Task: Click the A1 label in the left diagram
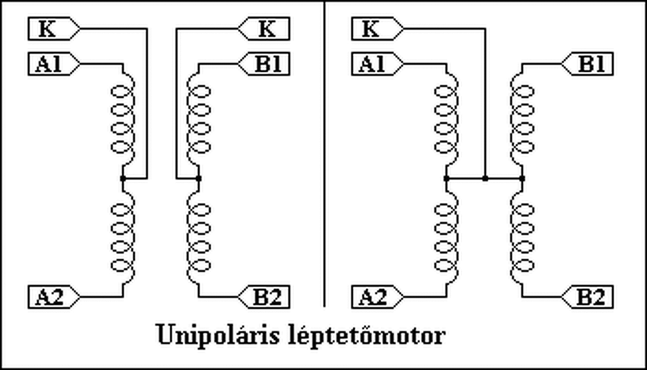(49, 65)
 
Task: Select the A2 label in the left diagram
(49, 297)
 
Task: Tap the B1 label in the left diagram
(268, 65)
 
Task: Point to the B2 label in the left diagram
(268, 297)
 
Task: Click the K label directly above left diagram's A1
(48, 29)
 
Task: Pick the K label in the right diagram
(372, 29)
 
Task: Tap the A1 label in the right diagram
(373, 65)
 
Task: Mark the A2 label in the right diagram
(373, 297)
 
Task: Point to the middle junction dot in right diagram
(485, 178)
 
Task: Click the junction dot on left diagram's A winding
(123, 178)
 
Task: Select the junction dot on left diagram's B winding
(199, 178)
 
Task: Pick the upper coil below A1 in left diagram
(123, 119)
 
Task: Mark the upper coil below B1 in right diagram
(522, 119)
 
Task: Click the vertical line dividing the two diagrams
(324, 152)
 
